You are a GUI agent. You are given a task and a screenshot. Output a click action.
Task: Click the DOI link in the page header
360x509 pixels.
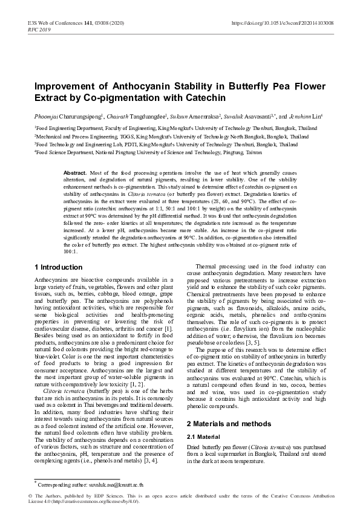[x=283, y=22]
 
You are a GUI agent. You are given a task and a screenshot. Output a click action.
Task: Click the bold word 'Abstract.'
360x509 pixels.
[x=75, y=173]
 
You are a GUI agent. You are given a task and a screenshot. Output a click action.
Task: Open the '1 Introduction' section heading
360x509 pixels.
[x=59, y=267]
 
